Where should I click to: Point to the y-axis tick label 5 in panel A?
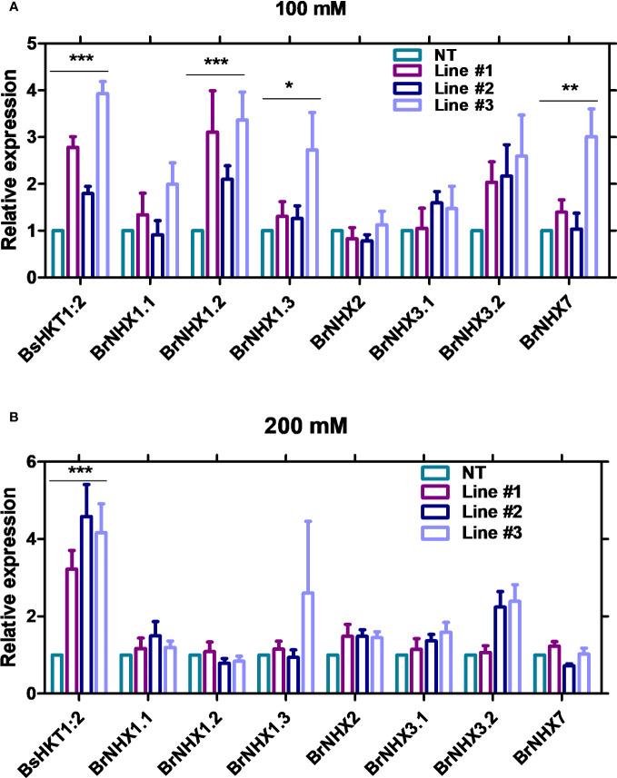click(31, 44)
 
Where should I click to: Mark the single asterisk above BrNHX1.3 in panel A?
click(289, 87)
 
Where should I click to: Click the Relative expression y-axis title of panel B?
click(12, 577)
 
